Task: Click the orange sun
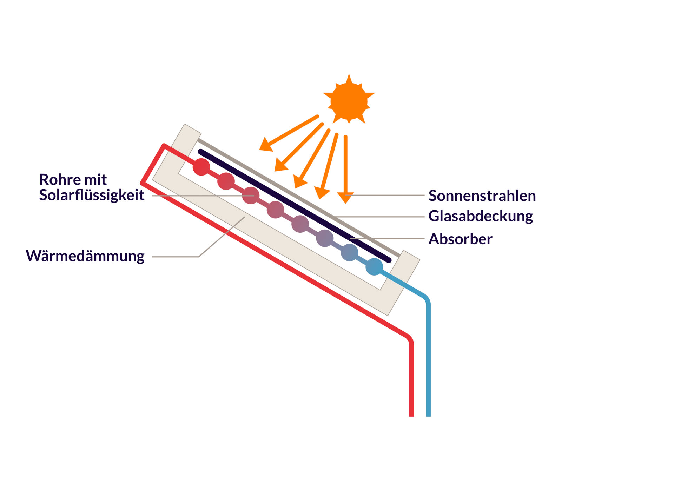[349, 101]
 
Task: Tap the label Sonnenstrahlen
[482, 196]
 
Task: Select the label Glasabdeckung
[481, 216]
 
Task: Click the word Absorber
[460, 239]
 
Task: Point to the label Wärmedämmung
[85, 256]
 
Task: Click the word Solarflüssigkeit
[92, 195]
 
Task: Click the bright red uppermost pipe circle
[201, 167]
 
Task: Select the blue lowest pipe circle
[374, 267]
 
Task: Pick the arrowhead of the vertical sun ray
[345, 197]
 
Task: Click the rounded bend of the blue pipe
[425, 298]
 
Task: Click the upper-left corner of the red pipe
[164, 145]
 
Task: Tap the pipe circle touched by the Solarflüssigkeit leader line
[251, 195]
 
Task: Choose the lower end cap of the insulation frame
[411, 256]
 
